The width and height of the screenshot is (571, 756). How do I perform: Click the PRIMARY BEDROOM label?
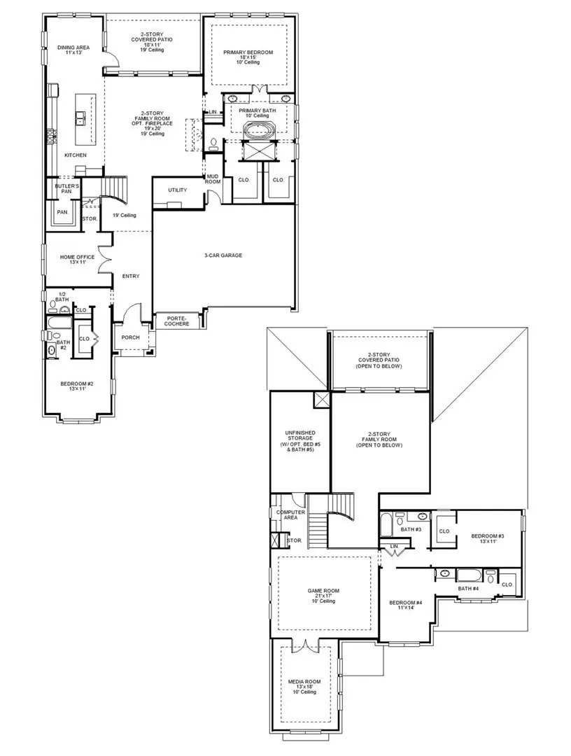click(x=248, y=52)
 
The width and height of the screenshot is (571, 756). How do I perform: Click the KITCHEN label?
click(x=76, y=155)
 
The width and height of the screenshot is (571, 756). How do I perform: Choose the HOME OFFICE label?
click(x=77, y=257)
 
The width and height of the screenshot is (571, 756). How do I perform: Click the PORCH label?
click(x=130, y=337)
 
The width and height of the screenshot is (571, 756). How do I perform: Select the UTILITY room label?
click(x=178, y=190)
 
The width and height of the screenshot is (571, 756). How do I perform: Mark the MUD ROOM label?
click(x=213, y=178)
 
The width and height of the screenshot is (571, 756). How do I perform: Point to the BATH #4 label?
click(x=468, y=588)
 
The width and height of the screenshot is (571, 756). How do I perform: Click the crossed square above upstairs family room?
click(x=323, y=400)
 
